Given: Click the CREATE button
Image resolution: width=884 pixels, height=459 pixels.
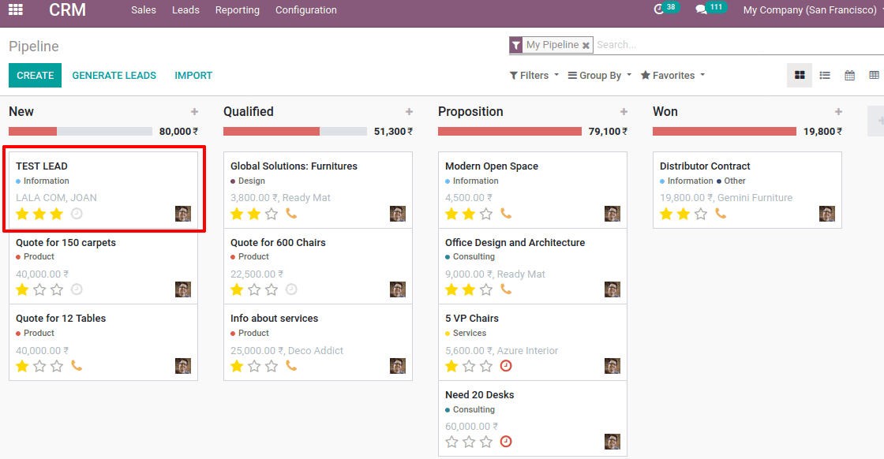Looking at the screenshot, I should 35,76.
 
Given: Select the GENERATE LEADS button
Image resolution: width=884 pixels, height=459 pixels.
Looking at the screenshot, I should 114,76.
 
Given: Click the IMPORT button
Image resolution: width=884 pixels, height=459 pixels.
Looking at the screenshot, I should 193,76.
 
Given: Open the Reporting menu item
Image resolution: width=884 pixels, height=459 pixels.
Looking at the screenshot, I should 237,10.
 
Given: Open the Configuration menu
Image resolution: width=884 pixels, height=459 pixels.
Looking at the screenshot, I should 305,10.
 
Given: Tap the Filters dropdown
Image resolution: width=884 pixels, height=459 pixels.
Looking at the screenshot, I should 534,76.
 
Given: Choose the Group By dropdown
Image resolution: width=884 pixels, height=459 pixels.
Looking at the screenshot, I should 600,76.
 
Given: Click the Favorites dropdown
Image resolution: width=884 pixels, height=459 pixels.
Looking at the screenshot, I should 672,76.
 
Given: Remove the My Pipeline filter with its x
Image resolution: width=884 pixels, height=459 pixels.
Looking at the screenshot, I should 586,46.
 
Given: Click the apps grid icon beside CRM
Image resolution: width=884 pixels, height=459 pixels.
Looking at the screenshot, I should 16,10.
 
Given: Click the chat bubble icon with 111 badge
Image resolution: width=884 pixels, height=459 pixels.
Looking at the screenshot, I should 701,10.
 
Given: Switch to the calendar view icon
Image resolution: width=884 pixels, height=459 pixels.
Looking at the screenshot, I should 849,76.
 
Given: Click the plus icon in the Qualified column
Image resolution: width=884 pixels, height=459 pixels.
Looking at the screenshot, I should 409,112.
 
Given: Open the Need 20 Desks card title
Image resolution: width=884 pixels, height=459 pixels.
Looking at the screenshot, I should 479,395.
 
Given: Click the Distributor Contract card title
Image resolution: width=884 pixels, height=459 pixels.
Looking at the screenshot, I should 705,166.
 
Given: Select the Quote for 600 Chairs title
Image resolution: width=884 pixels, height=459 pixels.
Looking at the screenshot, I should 278,243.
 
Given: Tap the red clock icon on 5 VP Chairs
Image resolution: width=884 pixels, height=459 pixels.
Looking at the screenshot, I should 506,366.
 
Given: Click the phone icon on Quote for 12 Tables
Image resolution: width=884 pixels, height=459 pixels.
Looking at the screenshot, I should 77,366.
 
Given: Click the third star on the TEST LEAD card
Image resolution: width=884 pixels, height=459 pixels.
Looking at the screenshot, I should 57,214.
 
